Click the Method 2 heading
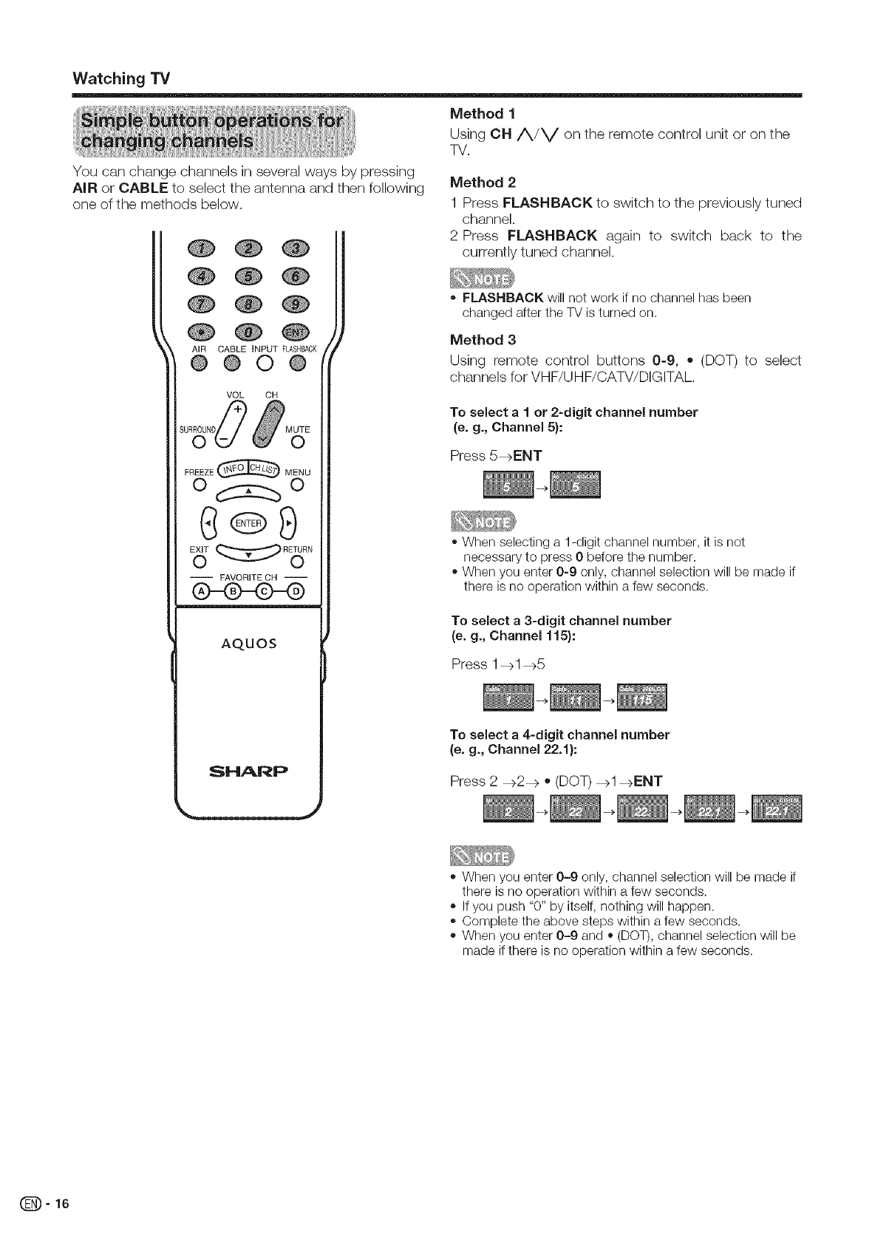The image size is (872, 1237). point(483,182)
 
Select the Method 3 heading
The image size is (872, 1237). point(483,339)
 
